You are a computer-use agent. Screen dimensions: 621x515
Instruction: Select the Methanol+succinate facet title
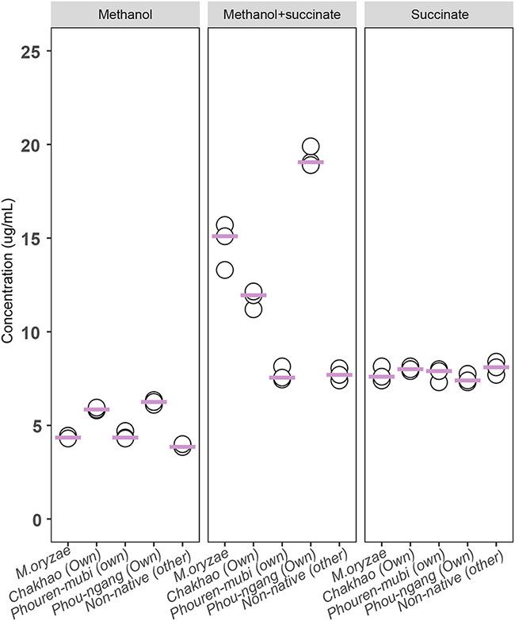click(280, 13)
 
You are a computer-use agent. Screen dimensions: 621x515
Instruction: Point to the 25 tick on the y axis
click(32, 51)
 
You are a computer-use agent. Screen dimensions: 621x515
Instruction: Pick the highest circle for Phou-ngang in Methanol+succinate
click(311, 147)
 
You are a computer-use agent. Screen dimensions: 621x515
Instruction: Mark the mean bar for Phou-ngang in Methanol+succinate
click(311, 162)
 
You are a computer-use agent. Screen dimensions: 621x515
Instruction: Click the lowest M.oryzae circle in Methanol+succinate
click(224, 270)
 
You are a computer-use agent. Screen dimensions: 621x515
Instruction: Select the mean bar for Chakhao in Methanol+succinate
click(254, 295)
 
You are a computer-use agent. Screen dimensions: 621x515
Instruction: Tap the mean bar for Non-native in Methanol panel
click(182, 447)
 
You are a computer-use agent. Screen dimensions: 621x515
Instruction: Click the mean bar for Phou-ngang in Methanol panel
click(153, 402)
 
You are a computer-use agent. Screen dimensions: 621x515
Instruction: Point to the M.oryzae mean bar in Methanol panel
click(67, 438)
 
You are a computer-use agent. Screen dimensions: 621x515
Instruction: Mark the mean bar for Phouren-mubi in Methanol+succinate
click(282, 378)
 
